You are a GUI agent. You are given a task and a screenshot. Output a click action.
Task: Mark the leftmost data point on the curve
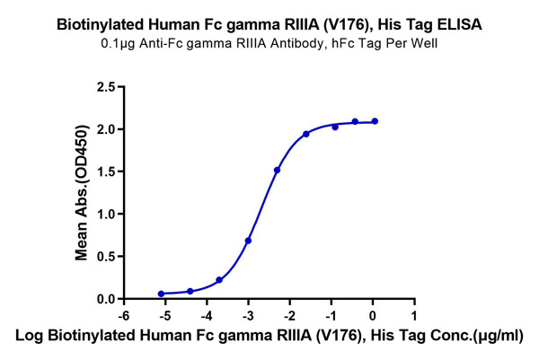click(161, 294)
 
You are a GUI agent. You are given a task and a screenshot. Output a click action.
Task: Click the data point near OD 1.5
click(278, 170)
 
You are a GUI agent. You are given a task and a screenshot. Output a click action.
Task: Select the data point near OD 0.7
click(248, 241)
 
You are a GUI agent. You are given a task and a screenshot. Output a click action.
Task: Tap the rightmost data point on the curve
click(375, 121)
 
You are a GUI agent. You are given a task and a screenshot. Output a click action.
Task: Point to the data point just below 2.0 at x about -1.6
click(306, 134)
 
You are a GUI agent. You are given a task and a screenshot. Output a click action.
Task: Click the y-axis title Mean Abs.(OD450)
click(82, 193)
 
